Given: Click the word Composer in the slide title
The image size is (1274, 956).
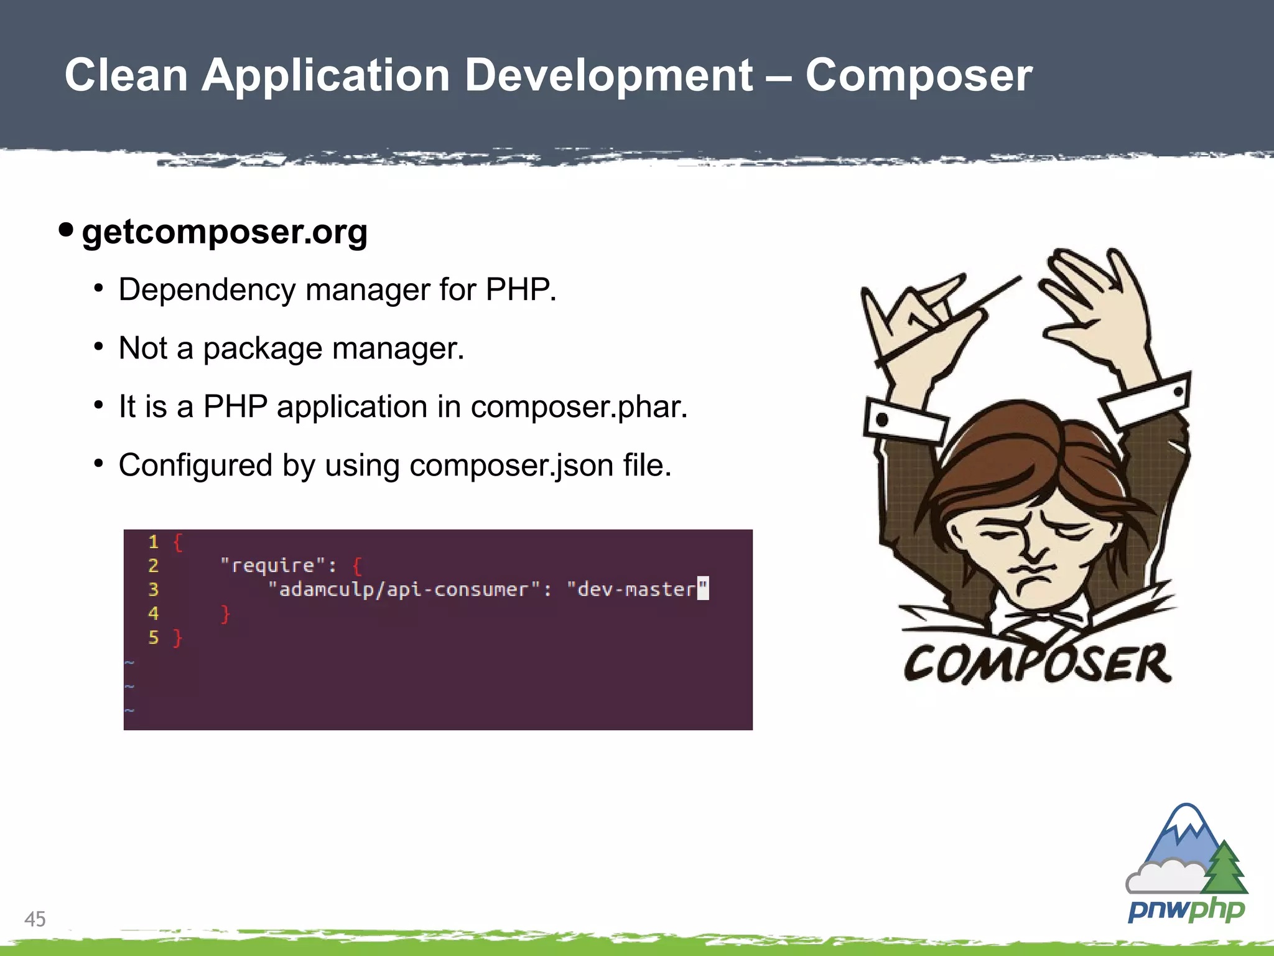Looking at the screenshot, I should coord(918,76).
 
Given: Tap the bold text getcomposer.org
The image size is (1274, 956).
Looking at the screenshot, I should coord(225,232).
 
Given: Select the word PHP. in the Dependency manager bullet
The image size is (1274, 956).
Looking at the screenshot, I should coord(521,290).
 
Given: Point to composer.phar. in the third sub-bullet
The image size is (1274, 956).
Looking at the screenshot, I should coord(579,407).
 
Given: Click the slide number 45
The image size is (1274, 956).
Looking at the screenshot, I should coord(35,919).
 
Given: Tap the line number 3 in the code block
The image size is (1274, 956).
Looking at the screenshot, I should coord(153,589).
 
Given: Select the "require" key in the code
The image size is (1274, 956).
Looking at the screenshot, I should coord(273,566).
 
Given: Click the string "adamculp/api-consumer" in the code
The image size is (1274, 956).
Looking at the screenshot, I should coord(404,589).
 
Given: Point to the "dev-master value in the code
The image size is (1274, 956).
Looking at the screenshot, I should coord(631,589).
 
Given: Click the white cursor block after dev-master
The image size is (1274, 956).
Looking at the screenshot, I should coord(703,588).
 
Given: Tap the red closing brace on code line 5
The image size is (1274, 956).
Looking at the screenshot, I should coord(177,638).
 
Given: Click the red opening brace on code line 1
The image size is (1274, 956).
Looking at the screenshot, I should coord(178,542).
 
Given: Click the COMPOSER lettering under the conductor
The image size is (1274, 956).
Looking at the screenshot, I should coord(1037,664).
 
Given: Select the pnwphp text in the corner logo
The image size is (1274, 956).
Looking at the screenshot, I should coord(1186,910).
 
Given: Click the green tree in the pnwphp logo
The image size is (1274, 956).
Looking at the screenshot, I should coord(1224,868).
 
